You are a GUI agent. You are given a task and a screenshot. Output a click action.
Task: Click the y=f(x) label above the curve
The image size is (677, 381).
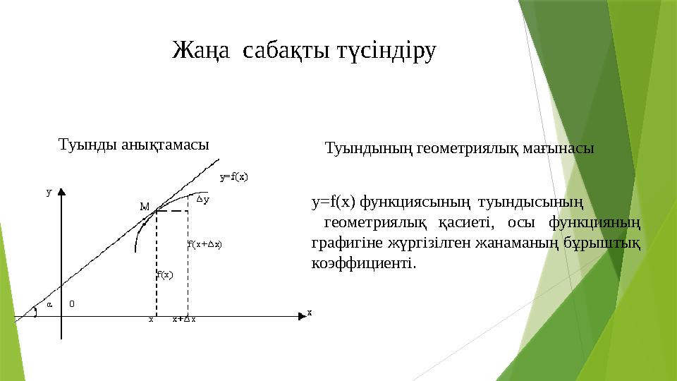pyautogui.click(x=234, y=177)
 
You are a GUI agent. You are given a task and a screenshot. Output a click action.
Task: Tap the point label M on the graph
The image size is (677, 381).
pyautogui.click(x=145, y=207)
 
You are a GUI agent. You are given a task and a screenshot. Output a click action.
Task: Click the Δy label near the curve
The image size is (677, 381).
pyautogui.click(x=203, y=200)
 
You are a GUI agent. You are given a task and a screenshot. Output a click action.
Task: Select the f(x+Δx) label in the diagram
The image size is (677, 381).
pyautogui.click(x=205, y=245)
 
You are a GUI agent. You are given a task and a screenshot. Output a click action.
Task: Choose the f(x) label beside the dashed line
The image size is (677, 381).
pyautogui.click(x=164, y=274)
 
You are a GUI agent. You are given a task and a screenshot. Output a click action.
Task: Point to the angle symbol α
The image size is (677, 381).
pyautogui.click(x=49, y=305)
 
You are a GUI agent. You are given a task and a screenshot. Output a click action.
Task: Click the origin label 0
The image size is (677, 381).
pyautogui.click(x=72, y=304)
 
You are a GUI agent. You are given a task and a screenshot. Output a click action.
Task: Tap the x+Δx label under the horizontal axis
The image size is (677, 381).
pyautogui.click(x=184, y=319)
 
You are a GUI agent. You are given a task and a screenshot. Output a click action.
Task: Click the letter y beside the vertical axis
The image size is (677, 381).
pyautogui.click(x=49, y=191)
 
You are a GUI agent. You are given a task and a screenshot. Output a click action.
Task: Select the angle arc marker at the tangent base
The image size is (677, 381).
pyautogui.click(x=35, y=313)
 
